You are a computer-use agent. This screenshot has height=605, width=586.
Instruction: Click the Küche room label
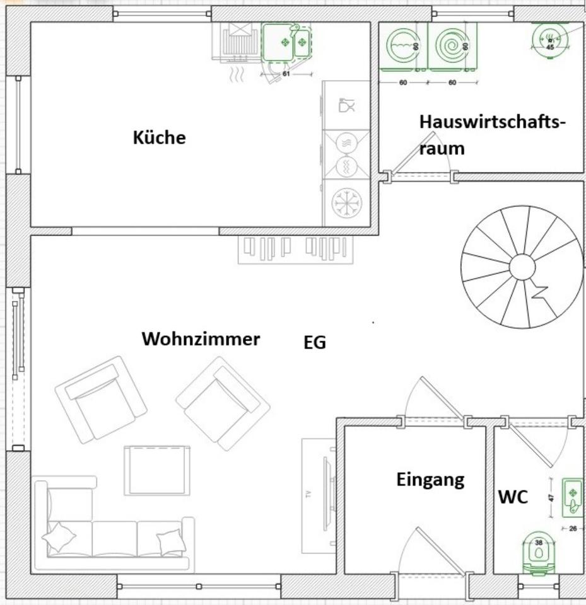(159, 137)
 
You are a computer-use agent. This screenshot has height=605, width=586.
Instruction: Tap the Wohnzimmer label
(201, 339)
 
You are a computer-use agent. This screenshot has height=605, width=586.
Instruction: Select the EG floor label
(315, 343)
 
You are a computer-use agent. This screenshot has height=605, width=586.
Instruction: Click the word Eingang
(430, 480)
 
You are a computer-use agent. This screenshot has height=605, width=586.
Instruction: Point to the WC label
(513, 497)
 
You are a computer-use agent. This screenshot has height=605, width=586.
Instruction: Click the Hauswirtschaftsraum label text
(491, 134)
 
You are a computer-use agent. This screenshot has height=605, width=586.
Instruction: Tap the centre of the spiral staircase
(522, 268)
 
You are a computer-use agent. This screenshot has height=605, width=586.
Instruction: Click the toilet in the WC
(539, 553)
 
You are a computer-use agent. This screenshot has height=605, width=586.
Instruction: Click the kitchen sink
(286, 43)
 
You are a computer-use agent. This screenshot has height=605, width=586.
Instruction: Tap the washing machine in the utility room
(402, 46)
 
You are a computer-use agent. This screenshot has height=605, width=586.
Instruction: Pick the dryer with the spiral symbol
(452, 46)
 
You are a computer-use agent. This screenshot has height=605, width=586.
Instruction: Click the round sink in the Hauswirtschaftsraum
(549, 39)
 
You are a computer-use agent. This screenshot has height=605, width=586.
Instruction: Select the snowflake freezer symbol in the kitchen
(346, 202)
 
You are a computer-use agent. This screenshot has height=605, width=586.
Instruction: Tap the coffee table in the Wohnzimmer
(156, 470)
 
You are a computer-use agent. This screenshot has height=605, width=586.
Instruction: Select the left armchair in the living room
(101, 398)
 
